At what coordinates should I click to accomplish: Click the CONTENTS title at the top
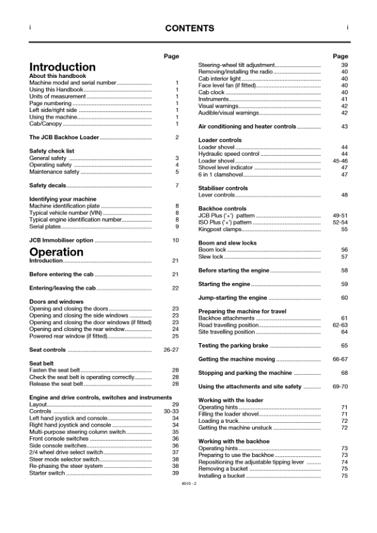click(189, 28)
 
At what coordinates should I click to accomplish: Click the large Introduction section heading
click(63, 67)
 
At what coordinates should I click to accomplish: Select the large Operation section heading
click(56, 251)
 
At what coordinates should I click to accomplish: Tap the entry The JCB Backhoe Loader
click(64, 137)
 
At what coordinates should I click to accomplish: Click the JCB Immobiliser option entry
click(61, 241)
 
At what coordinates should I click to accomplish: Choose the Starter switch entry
click(47, 473)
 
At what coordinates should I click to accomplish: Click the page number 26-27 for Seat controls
click(171, 350)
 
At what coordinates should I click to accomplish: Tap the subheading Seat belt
click(42, 363)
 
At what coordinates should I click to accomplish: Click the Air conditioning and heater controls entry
click(247, 127)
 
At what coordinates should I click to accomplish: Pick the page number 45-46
click(340, 161)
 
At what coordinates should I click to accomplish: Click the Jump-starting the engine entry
click(233, 298)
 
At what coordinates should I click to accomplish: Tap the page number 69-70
click(340, 387)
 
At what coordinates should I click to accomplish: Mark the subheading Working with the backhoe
click(234, 441)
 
